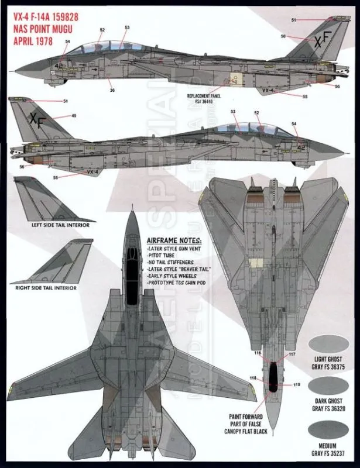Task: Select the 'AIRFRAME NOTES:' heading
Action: pos(174,242)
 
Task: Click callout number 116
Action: pos(258,354)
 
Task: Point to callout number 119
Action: pos(297,384)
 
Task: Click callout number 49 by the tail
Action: pos(74,116)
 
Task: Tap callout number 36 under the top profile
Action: pos(112,90)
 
